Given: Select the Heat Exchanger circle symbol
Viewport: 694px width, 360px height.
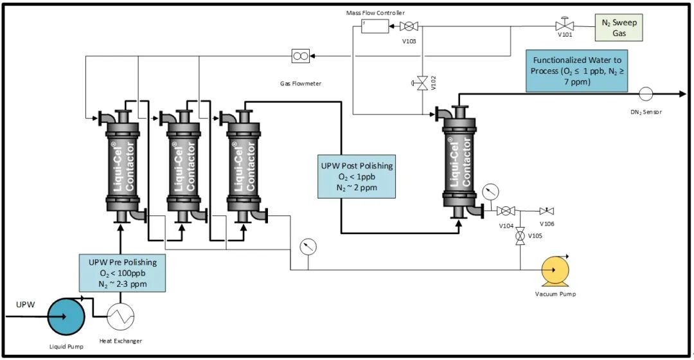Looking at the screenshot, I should pos(120,316).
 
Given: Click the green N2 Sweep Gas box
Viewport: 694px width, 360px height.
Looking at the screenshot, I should pos(618,27).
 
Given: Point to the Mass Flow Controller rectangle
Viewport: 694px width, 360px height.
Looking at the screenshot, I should pos(375,26).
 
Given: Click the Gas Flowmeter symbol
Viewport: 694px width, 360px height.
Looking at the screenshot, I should pos(300,56).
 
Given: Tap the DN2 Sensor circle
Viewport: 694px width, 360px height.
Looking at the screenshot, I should pos(645,94).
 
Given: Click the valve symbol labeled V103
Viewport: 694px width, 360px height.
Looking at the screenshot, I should pos(409,26).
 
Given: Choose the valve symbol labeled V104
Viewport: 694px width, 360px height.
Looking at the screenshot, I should pos(506,211).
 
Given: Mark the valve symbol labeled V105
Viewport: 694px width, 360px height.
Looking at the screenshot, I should pos(519,236).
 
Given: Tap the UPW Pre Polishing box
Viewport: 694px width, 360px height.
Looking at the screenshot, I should pos(122,273).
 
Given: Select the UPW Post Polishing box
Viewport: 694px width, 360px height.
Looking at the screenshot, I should pos(357,175).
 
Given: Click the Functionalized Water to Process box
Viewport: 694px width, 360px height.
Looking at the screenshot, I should pos(576,70).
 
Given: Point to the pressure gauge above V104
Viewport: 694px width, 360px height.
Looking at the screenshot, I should pos(490,192).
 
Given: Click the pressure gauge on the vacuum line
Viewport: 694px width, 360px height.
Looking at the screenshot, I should pos(308,246).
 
